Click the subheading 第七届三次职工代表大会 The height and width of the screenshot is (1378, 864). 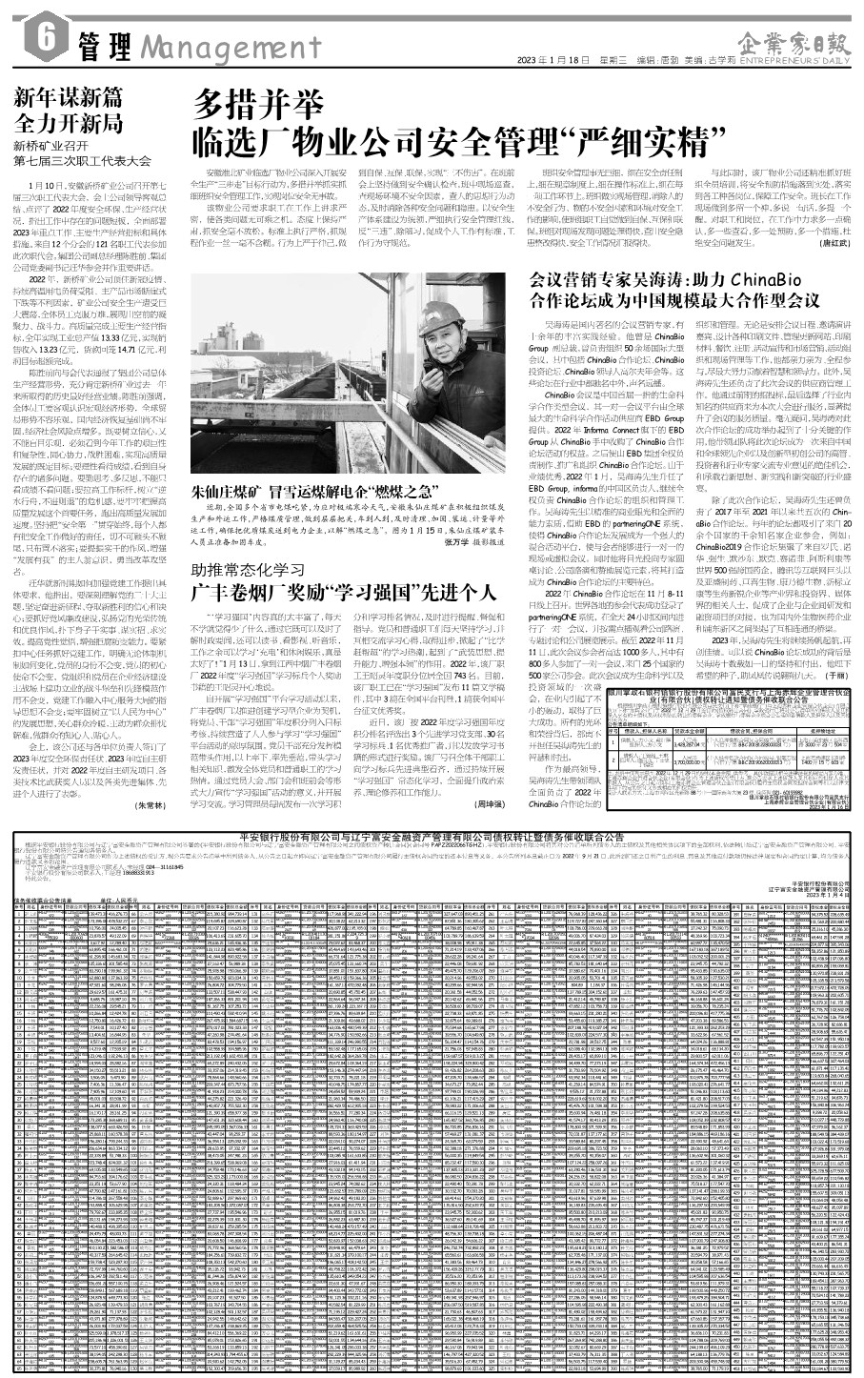82,162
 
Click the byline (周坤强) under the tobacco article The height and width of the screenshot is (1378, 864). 492,804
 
